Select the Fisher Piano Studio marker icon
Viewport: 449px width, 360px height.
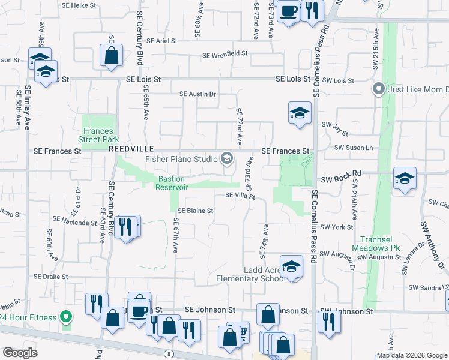tap(226, 158)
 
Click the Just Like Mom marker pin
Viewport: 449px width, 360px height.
tap(378, 90)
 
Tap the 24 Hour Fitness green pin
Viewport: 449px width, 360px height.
tap(67, 317)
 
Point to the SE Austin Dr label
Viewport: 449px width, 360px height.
tap(197, 94)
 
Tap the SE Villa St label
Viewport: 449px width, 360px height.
tap(240, 196)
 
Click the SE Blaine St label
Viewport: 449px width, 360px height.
tap(196, 211)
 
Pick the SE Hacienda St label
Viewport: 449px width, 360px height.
tap(75, 223)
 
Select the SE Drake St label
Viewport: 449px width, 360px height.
tap(50, 277)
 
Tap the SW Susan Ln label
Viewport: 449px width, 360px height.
tap(354, 147)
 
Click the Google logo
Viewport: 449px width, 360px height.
tap(20, 352)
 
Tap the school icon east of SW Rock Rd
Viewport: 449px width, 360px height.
tap(405, 179)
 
